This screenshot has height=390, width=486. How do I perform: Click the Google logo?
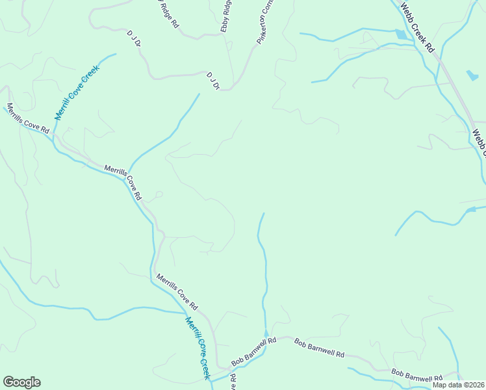[21, 382]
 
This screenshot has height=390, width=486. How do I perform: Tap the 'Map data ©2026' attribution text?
[458, 385]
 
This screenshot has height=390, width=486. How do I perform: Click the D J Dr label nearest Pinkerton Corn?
[214, 81]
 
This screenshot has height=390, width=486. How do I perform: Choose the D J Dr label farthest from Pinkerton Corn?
[134, 41]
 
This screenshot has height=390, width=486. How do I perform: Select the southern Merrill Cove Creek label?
[198, 347]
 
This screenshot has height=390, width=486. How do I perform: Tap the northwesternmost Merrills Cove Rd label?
[27, 118]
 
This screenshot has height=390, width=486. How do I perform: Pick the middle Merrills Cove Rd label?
[123, 181]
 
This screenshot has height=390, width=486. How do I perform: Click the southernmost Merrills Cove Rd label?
[176, 291]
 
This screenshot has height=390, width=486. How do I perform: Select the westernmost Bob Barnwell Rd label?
[254, 351]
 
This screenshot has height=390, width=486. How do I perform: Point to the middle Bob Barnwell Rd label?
[319, 348]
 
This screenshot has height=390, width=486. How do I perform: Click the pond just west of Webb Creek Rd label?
[399, 34]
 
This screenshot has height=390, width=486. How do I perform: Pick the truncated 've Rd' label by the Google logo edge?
[232, 381]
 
